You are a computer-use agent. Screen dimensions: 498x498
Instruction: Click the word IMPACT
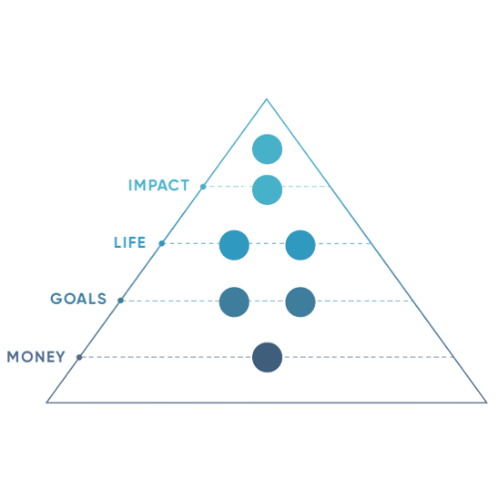[158, 185]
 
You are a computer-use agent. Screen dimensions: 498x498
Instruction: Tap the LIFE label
[129, 243]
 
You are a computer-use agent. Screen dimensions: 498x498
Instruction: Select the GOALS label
[79, 299]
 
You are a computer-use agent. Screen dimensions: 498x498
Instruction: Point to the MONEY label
[36, 357]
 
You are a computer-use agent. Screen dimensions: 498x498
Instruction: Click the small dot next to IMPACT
[203, 186]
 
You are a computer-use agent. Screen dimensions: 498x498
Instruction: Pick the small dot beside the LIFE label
[161, 243]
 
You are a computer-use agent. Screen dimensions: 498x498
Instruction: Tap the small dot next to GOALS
[121, 301]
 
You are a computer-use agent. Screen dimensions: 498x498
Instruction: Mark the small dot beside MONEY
[79, 358]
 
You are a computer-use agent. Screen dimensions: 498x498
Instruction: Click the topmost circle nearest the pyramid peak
[267, 149]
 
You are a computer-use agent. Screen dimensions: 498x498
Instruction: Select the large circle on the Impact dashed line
[267, 190]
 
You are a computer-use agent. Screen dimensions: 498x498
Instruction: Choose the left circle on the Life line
[234, 245]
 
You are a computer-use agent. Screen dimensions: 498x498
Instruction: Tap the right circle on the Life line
[301, 245]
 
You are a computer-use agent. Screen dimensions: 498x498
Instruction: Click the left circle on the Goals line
[234, 302]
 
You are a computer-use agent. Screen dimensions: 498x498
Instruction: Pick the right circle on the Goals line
[301, 302]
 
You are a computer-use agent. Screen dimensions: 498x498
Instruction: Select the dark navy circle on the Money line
[267, 358]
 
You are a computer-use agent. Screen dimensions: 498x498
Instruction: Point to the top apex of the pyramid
[267, 99]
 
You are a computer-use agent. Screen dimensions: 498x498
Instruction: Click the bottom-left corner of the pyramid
[47, 402]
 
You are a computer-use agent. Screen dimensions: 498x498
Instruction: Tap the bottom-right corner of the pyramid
[487, 402]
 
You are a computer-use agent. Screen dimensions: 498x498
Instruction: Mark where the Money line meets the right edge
[454, 358]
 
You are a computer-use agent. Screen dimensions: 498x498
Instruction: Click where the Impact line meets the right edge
[331, 186]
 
